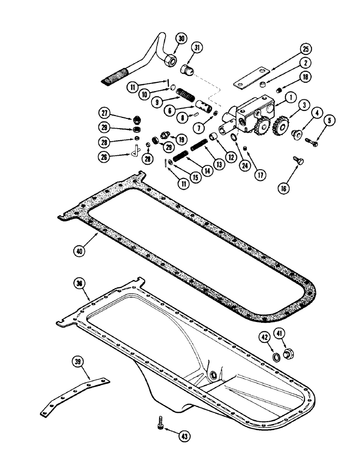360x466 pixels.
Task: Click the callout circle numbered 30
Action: (x=182, y=38)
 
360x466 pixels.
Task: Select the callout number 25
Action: (x=305, y=49)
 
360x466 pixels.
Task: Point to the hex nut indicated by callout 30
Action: (x=169, y=59)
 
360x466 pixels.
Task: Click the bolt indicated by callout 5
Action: (x=311, y=142)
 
